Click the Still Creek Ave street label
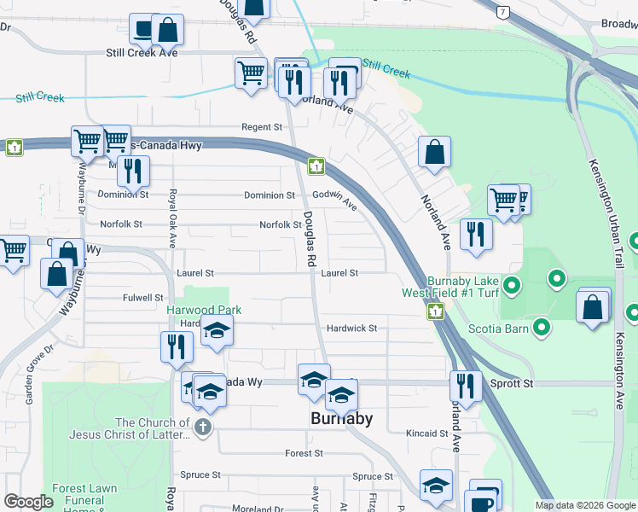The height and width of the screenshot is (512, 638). tap(141, 53)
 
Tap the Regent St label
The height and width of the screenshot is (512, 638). tap(262, 127)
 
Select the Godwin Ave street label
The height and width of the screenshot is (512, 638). tap(334, 197)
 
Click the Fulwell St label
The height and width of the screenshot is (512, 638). tap(142, 298)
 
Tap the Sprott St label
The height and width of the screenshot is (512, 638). tap(511, 384)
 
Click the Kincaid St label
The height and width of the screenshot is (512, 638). tap(427, 433)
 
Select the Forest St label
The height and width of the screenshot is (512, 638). tap(304, 453)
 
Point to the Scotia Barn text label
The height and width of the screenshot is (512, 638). tap(499, 327)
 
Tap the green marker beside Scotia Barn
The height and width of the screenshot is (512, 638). tap(542, 326)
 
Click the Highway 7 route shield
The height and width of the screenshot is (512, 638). tap(504, 12)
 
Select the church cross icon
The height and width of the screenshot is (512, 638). tap(202, 428)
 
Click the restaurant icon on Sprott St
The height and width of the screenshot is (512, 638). tap(464, 386)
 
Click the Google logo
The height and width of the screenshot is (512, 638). tap(28, 503)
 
